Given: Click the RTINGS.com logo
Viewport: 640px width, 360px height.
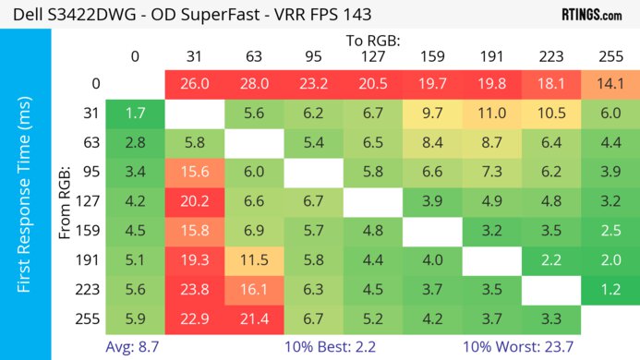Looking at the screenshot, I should click(x=592, y=15).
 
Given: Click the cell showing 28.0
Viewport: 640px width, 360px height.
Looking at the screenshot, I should click(x=252, y=84).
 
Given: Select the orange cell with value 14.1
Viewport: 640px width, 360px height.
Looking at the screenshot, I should click(x=609, y=84).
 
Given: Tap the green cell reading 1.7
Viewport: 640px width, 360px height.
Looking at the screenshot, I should click(x=135, y=114).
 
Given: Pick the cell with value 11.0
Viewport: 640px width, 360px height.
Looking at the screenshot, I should click(x=489, y=114).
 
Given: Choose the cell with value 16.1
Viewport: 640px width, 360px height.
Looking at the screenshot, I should click(x=252, y=291).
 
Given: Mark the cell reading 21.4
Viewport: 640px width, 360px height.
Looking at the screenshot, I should click(x=252, y=320).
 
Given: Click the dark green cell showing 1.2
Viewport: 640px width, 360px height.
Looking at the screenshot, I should click(x=609, y=291).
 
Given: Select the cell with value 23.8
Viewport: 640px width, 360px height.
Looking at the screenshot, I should click(x=194, y=291).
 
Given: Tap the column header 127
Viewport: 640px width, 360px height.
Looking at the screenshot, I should click(x=371, y=56).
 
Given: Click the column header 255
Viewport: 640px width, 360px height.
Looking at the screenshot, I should click(x=609, y=56).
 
